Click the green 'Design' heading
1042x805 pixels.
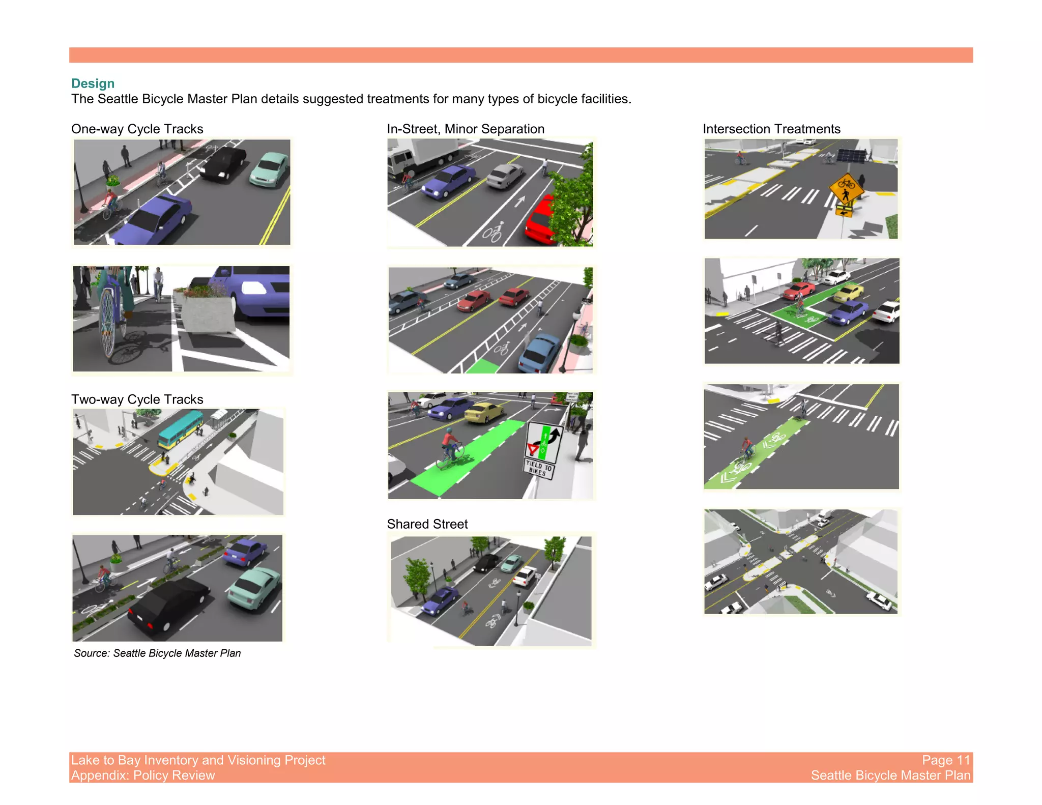click(x=93, y=83)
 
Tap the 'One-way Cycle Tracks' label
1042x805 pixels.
click(x=137, y=129)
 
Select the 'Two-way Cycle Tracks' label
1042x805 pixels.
click(x=137, y=399)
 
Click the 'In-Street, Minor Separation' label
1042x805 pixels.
click(x=465, y=129)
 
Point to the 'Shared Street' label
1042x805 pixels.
click(x=427, y=524)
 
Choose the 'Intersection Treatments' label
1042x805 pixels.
click(x=771, y=129)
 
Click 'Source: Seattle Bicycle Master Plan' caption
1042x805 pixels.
click(x=157, y=653)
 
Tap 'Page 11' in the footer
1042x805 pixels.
click(x=946, y=760)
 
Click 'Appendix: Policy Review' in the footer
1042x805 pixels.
click(x=143, y=775)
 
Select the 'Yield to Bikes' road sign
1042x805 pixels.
click(x=541, y=448)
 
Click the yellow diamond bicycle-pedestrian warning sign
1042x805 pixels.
click(x=846, y=189)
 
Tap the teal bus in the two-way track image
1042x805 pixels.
click(x=180, y=429)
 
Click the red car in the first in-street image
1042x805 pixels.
click(x=541, y=219)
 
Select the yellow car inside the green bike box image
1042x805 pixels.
click(x=849, y=293)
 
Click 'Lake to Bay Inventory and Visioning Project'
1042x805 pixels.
click(x=198, y=760)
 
